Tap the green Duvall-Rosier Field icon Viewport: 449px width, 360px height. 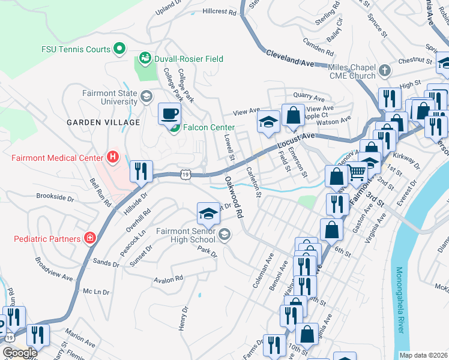[x=144, y=58]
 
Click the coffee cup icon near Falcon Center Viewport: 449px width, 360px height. [x=169, y=112]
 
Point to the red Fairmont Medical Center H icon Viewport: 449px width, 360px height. [x=112, y=158]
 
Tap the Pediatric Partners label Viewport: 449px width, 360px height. [x=47, y=239]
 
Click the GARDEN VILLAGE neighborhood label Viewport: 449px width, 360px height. [x=103, y=122]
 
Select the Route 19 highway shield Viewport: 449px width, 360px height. [x=185, y=174]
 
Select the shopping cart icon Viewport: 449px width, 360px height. [x=357, y=172]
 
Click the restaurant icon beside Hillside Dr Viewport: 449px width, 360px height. [x=141, y=170]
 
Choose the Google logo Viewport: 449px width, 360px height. [x=19, y=353]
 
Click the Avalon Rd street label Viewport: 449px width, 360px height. [x=168, y=279]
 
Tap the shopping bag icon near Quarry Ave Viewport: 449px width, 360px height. [x=293, y=115]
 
